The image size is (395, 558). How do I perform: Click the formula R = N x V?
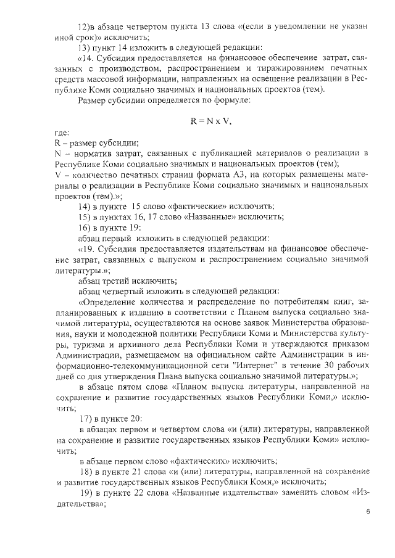tap(210, 121)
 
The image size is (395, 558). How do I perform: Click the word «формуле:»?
tap(230, 100)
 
